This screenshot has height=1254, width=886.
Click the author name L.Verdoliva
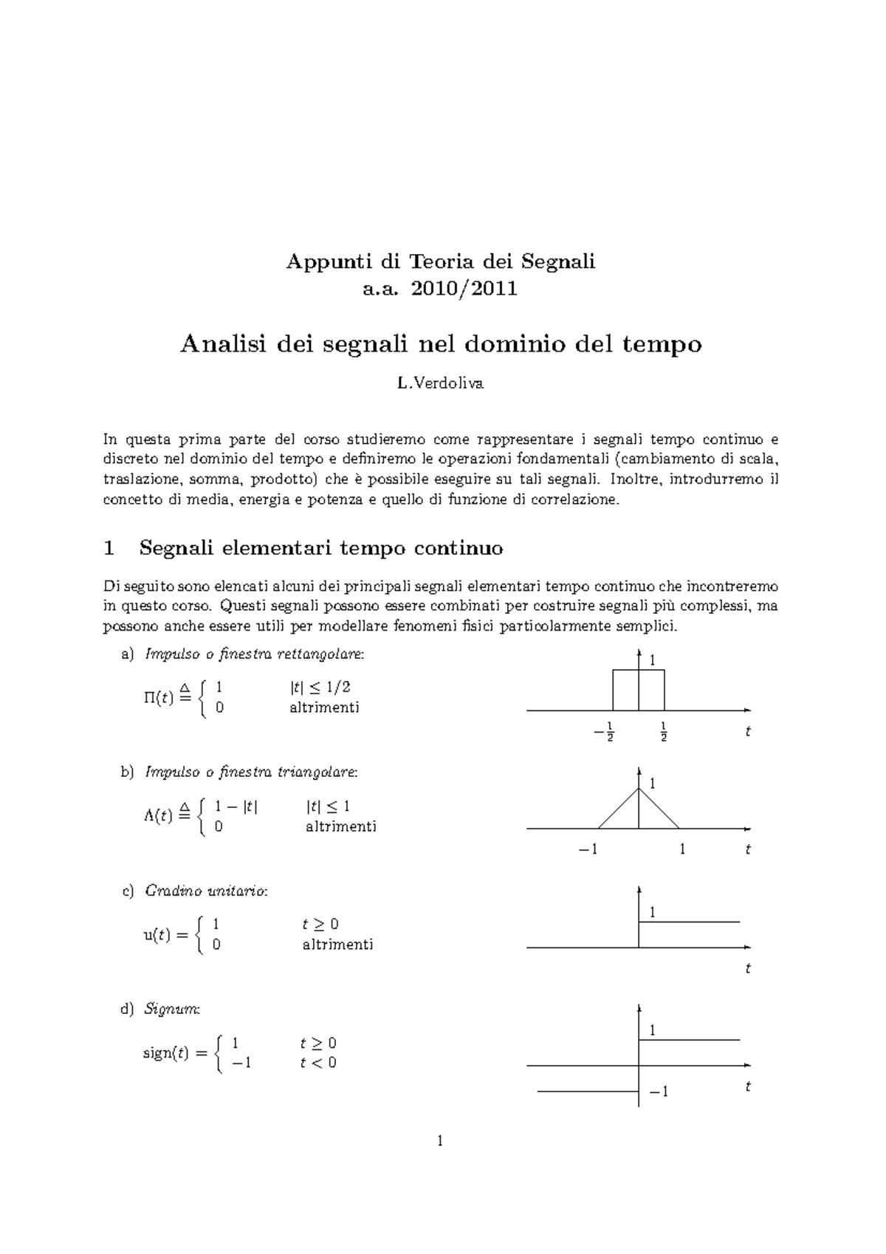click(x=440, y=383)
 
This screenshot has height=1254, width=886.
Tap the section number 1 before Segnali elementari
click(x=109, y=548)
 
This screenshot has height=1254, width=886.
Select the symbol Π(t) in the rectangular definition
click(x=159, y=697)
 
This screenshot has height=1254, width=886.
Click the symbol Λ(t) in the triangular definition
click(x=158, y=815)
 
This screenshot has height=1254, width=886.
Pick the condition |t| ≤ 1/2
click(x=320, y=688)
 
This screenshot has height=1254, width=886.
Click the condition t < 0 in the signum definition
click(x=318, y=1063)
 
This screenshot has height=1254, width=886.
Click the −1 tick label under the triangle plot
click(x=588, y=850)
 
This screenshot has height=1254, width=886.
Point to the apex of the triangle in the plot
click(x=639, y=789)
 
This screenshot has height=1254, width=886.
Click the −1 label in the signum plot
click(x=659, y=1092)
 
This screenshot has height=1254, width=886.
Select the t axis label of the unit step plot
click(x=748, y=968)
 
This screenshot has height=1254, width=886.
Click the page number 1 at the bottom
click(x=441, y=1142)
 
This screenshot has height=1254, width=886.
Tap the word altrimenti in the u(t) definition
click(x=337, y=945)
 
